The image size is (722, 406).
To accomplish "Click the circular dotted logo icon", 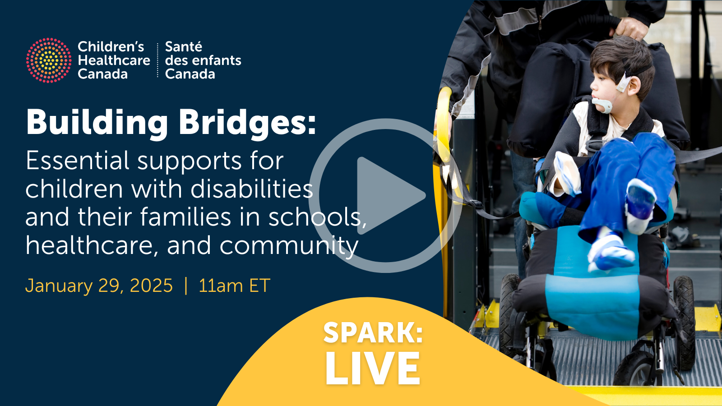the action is [x=49, y=60].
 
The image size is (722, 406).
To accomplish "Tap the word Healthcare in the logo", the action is [x=114, y=60].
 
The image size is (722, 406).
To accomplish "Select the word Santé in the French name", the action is [x=183, y=47].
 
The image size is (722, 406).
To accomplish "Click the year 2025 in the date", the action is [x=151, y=286].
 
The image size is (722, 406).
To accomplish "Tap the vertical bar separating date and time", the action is [x=185, y=286].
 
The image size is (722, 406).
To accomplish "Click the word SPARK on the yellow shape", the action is [x=373, y=333].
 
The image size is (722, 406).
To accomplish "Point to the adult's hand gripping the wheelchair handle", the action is [x=632, y=28].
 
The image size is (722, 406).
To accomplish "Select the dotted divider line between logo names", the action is [x=157, y=60].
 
